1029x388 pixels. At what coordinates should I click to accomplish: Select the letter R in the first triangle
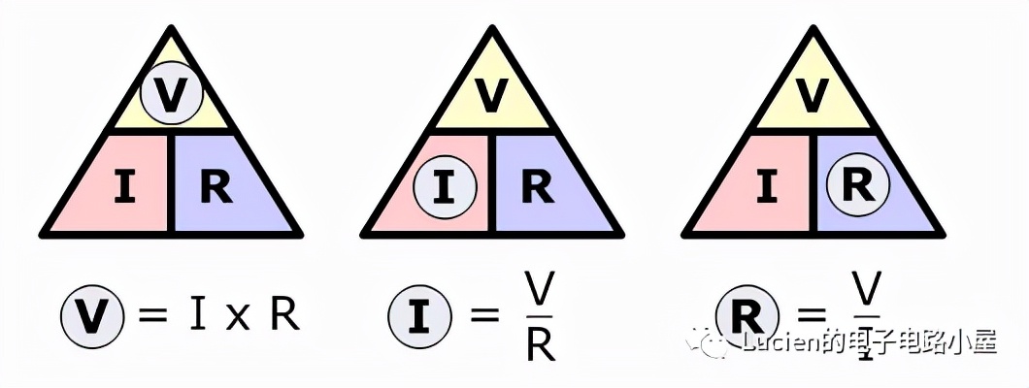point(216,188)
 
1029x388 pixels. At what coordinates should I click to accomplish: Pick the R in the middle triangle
point(536,188)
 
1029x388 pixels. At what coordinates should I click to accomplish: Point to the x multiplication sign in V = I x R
point(236,318)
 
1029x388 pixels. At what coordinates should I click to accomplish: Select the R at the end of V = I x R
point(283,315)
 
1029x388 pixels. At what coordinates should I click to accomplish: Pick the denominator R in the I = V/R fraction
point(540,344)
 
